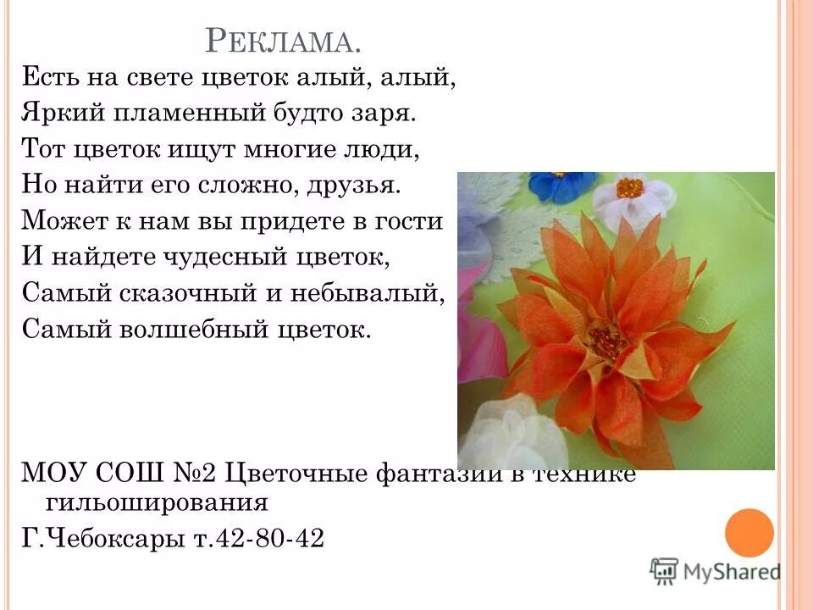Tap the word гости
413,221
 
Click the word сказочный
183,292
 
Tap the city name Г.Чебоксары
98,538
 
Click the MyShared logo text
731,571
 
